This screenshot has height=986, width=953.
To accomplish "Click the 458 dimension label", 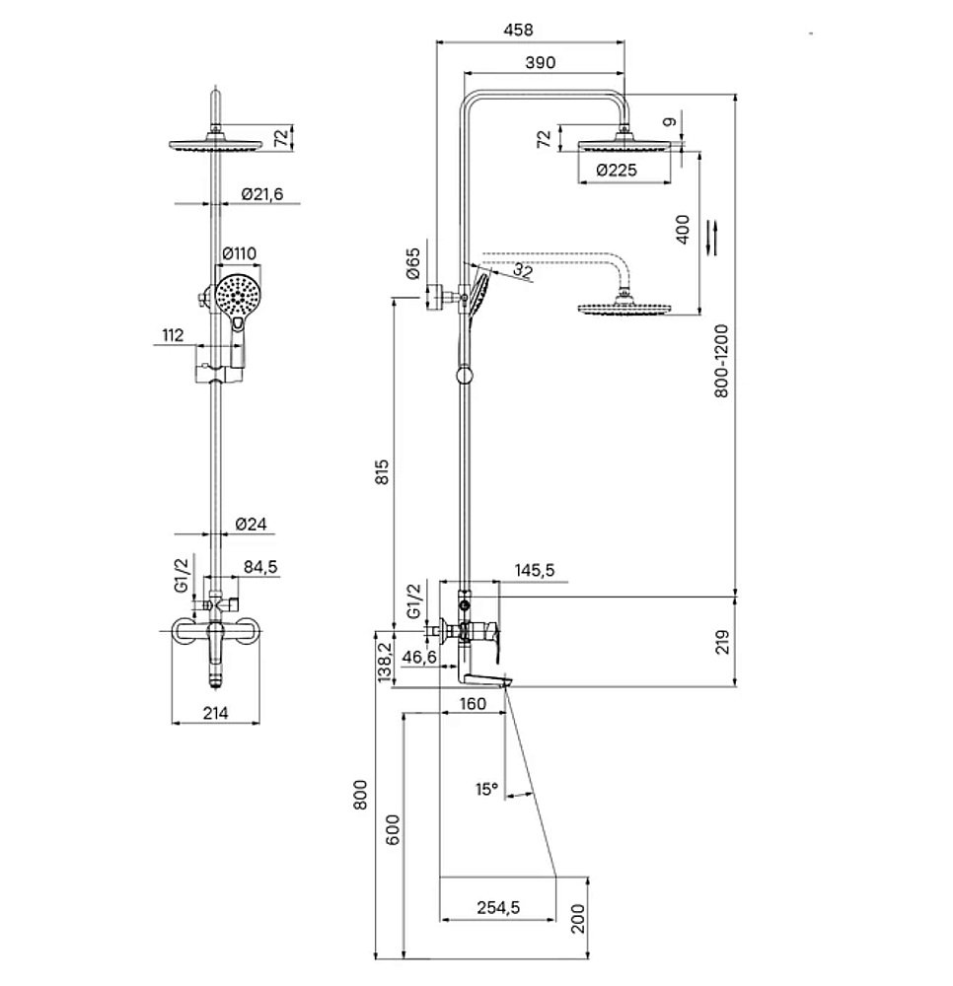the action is point(518,30).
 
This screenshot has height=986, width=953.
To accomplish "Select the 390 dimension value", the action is point(541,62).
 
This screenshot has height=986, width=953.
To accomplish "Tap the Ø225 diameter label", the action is point(617,170).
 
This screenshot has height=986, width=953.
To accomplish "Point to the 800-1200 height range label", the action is point(721,361).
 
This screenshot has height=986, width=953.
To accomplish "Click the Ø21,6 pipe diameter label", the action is point(262,194).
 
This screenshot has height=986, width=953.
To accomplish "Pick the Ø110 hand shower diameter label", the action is point(240,253).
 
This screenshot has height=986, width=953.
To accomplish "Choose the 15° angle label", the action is point(486,789).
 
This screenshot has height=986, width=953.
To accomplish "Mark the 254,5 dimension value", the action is point(498,907).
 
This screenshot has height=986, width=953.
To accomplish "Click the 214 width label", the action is point(215,713).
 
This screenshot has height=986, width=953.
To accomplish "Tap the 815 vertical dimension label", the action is point(383,471).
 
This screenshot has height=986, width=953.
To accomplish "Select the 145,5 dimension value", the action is point(535,570).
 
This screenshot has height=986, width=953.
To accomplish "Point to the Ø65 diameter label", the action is point(412,263).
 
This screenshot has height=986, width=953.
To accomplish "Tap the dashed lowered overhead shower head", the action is point(625,308).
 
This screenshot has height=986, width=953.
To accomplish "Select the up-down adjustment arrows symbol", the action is point(712,237).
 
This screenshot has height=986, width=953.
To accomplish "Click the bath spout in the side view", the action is point(484,679).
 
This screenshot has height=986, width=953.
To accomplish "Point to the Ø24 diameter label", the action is point(251,524).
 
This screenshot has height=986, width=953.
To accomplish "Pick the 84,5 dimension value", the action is point(260,567).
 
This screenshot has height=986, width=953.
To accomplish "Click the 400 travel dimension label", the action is point(683,229).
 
